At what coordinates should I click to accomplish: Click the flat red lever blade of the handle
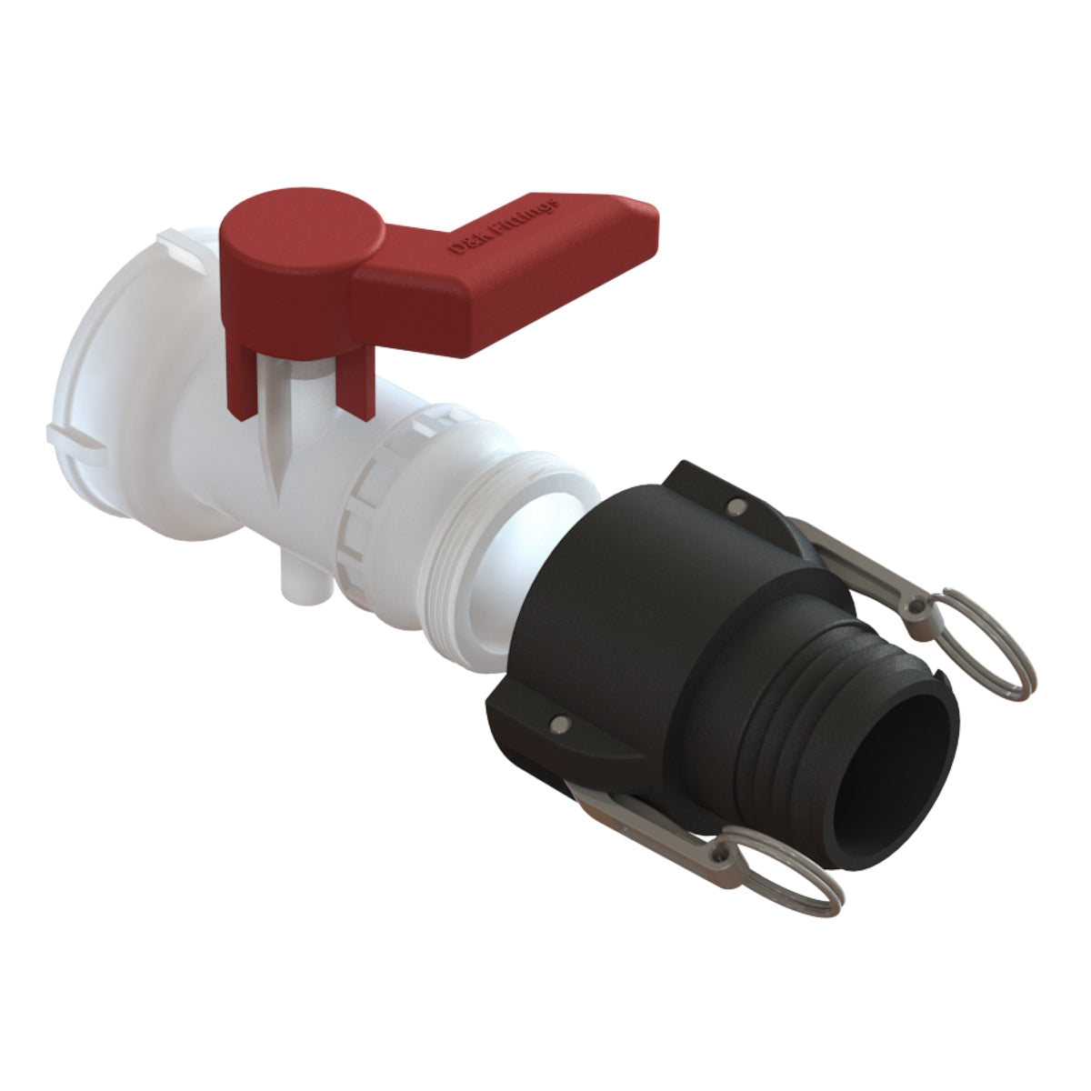[x=509, y=264]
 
